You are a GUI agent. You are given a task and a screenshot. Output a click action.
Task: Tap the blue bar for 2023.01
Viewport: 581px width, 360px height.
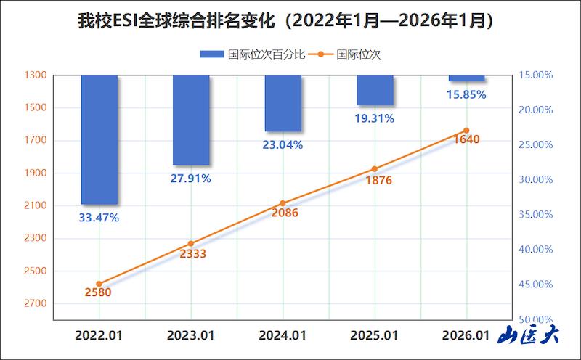click(x=191, y=120)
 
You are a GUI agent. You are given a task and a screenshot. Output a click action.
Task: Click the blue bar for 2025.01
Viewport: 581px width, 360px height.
click(x=375, y=90)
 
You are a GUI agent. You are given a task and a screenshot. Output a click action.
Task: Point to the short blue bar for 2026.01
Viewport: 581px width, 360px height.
click(x=466, y=78)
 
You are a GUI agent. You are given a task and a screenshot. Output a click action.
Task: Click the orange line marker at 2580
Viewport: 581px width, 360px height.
click(x=99, y=284)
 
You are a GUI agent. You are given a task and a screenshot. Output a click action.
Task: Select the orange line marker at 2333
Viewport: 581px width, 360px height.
click(x=191, y=243)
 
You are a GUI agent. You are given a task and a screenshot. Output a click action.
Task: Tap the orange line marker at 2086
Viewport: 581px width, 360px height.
click(x=283, y=203)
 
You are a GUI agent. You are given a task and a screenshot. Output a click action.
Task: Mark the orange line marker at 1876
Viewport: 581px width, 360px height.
click(x=375, y=168)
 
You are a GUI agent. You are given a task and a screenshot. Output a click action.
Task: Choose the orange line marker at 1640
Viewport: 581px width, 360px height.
click(x=466, y=131)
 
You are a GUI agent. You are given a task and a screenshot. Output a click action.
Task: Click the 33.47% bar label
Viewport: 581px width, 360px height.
click(x=99, y=217)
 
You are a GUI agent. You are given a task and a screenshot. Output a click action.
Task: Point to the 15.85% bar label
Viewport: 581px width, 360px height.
click(x=466, y=94)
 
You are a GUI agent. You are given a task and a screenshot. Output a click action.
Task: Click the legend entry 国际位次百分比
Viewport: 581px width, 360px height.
click(x=252, y=54)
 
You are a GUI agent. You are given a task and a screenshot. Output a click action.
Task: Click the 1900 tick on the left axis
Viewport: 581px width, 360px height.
click(x=36, y=173)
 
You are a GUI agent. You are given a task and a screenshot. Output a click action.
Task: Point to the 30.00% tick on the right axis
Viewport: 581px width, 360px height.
click(x=536, y=179)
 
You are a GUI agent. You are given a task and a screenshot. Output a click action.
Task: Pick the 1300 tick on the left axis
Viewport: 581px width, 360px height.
click(x=36, y=75)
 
